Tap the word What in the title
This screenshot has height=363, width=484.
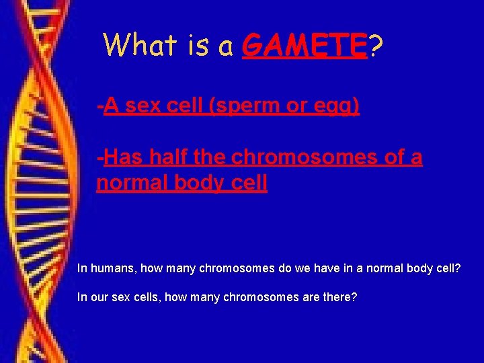click(x=138, y=46)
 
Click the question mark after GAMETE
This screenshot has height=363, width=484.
click(x=377, y=46)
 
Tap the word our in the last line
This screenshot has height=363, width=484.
click(x=98, y=296)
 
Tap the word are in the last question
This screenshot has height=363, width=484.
click(x=307, y=296)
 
